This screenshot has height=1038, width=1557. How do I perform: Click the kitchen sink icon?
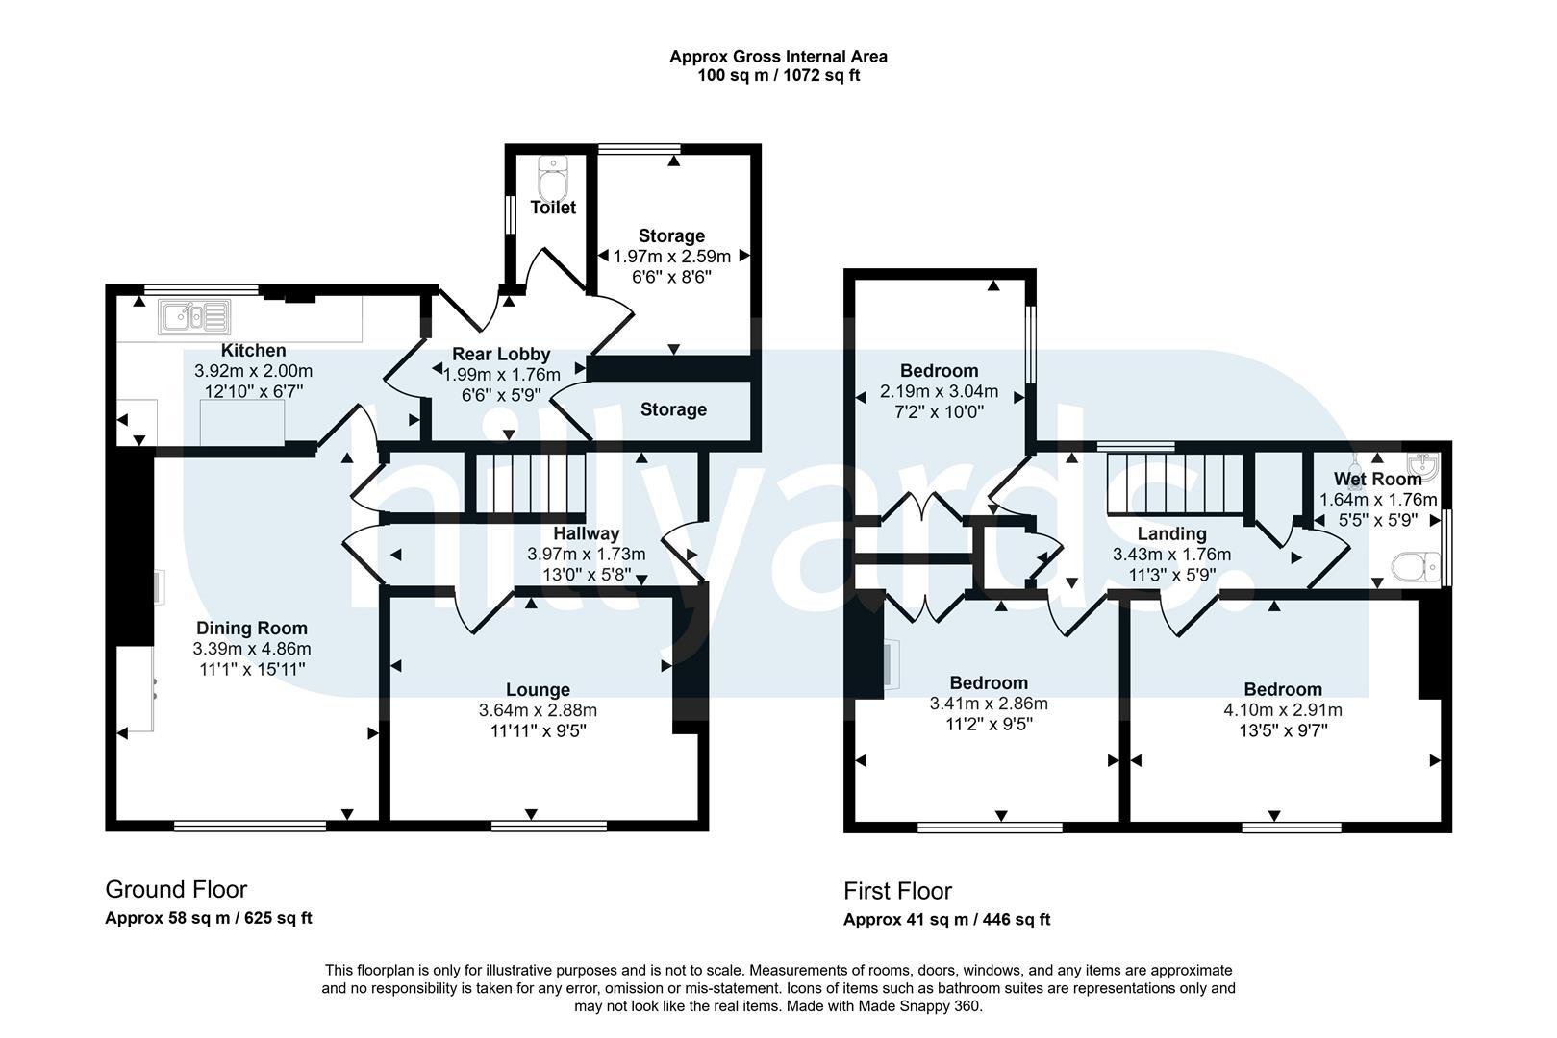[194, 317]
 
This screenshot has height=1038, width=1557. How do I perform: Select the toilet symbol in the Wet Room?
[1416, 567]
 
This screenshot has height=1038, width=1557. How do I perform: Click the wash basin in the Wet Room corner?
[1423, 465]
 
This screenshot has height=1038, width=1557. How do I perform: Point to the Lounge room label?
[538, 690]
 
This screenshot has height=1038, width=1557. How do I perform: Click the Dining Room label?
[252, 628]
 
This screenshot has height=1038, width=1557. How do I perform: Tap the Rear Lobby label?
[501, 355]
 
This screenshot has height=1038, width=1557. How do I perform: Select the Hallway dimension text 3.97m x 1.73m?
[586, 555]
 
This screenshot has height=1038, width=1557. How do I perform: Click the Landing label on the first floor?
[1172, 534]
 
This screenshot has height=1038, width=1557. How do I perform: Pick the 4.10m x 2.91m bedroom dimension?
[1283, 710]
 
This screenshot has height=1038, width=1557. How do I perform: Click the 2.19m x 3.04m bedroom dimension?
[939, 391]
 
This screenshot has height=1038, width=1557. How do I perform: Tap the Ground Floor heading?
[176, 889]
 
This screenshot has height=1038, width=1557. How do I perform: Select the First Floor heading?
[897, 891]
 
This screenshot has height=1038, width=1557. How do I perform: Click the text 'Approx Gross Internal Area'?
[779, 57]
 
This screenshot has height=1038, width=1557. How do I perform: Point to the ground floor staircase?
[530, 483]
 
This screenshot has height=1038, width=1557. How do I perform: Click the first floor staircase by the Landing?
[1174, 484]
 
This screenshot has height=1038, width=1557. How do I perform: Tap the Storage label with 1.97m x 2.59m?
[671, 236]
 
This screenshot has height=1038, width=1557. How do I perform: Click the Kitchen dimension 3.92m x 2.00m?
[254, 371]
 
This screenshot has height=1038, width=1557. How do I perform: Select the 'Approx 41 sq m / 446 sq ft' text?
[946, 920]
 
